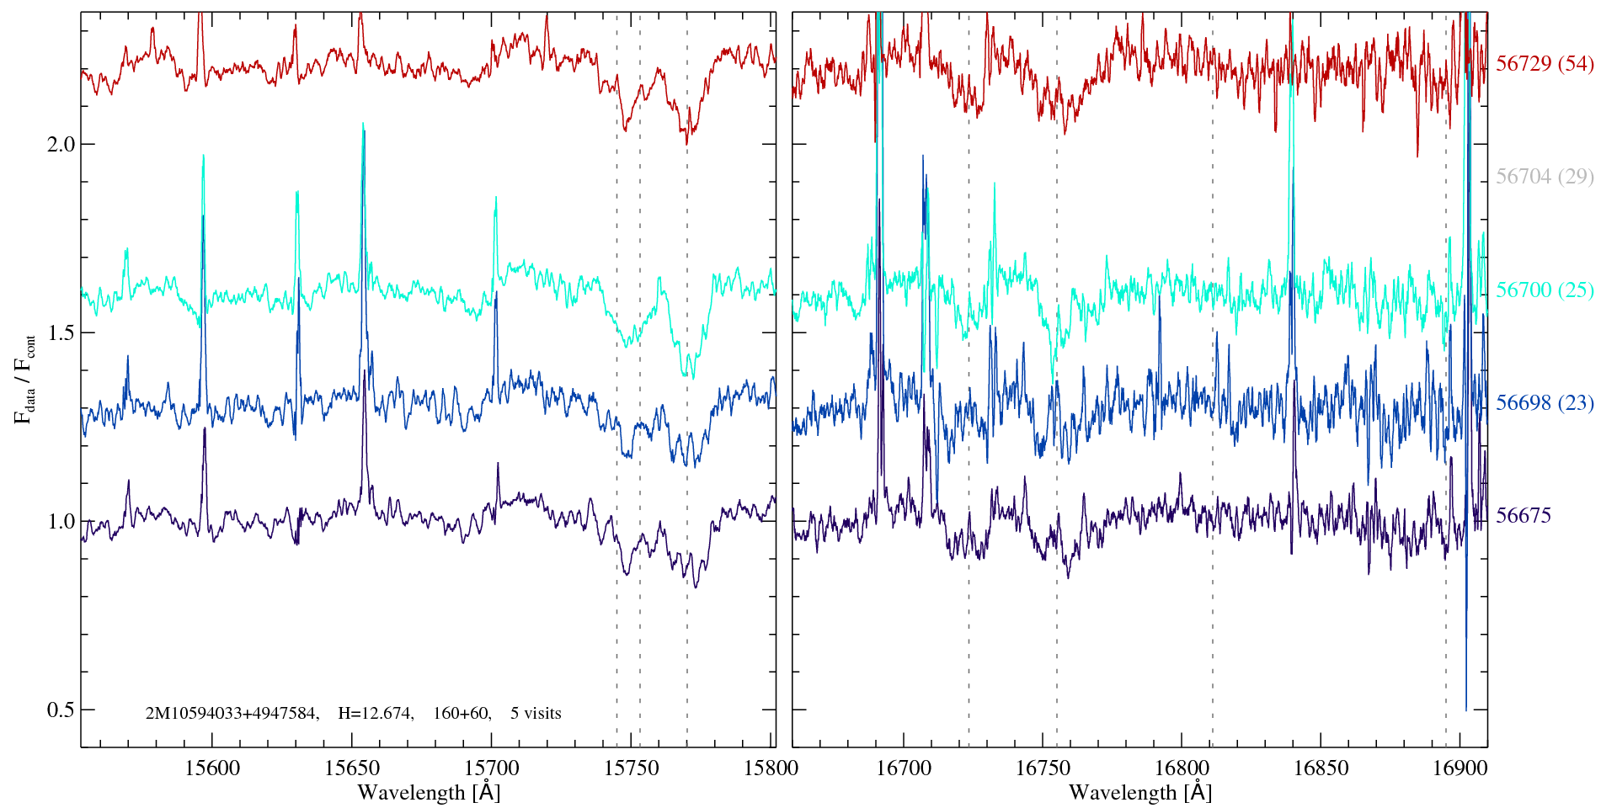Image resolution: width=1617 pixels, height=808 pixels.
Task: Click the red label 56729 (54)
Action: click(x=1544, y=65)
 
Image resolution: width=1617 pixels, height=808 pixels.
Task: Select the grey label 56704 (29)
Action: click(x=1544, y=177)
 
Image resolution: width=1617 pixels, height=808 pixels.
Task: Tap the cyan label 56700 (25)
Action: click(x=1544, y=290)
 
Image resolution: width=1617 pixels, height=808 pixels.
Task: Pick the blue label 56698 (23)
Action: click(x=1544, y=403)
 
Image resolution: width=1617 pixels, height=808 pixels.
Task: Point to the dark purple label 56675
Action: click(x=1523, y=516)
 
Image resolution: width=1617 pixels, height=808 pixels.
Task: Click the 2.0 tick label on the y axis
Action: click(x=60, y=144)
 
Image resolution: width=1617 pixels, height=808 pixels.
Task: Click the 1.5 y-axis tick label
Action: click(x=60, y=332)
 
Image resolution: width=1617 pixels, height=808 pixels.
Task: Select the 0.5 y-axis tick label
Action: click(x=60, y=710)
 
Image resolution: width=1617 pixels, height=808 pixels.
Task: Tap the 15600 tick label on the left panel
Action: click(x=212, y=768)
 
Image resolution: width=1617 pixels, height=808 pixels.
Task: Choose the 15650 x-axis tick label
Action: click(x=352, y=768)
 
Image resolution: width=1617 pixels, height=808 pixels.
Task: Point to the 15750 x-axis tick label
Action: click(x=632, y=768)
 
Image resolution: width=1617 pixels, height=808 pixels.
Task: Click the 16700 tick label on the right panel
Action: click(x=904, y=768)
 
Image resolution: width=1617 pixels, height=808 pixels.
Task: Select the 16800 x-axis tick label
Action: click(x=1181, y=768)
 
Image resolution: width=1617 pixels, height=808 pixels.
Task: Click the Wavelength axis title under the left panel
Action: click(x=429, y=793)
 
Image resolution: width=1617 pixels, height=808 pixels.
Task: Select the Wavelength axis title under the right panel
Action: click(x=1139, y=793)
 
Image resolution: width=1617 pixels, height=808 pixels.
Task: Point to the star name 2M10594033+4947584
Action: click(x=232, y=714)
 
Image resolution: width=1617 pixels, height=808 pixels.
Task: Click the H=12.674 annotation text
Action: click(x=375, y=714)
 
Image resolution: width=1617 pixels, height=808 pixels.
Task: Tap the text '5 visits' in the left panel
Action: click(x=535, y=714)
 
